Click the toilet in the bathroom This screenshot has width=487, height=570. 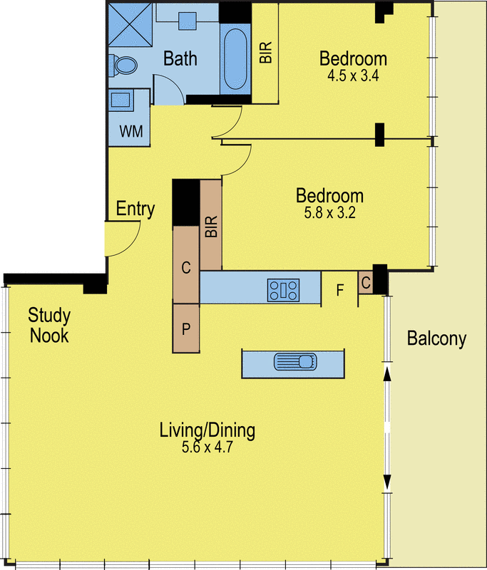(x=123, y=66)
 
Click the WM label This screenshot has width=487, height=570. (x=130, y=131)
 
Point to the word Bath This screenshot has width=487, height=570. (x=180, y=58)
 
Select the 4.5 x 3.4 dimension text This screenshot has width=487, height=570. (x=352, y=75)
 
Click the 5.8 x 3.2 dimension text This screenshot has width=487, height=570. (x=329, y=212)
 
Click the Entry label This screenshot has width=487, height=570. (x=135, y=209)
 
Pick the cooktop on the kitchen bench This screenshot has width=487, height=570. (x=284, y=290)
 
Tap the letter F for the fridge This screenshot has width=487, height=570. (x=339, y=291)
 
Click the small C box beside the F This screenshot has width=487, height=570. (x=365, y=283)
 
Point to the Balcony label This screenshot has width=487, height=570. (x=436, y=339)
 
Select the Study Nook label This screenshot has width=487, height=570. (x=48, y=325)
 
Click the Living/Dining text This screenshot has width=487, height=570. (x=207, y=430)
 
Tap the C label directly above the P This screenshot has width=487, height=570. (x=186, y=269)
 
